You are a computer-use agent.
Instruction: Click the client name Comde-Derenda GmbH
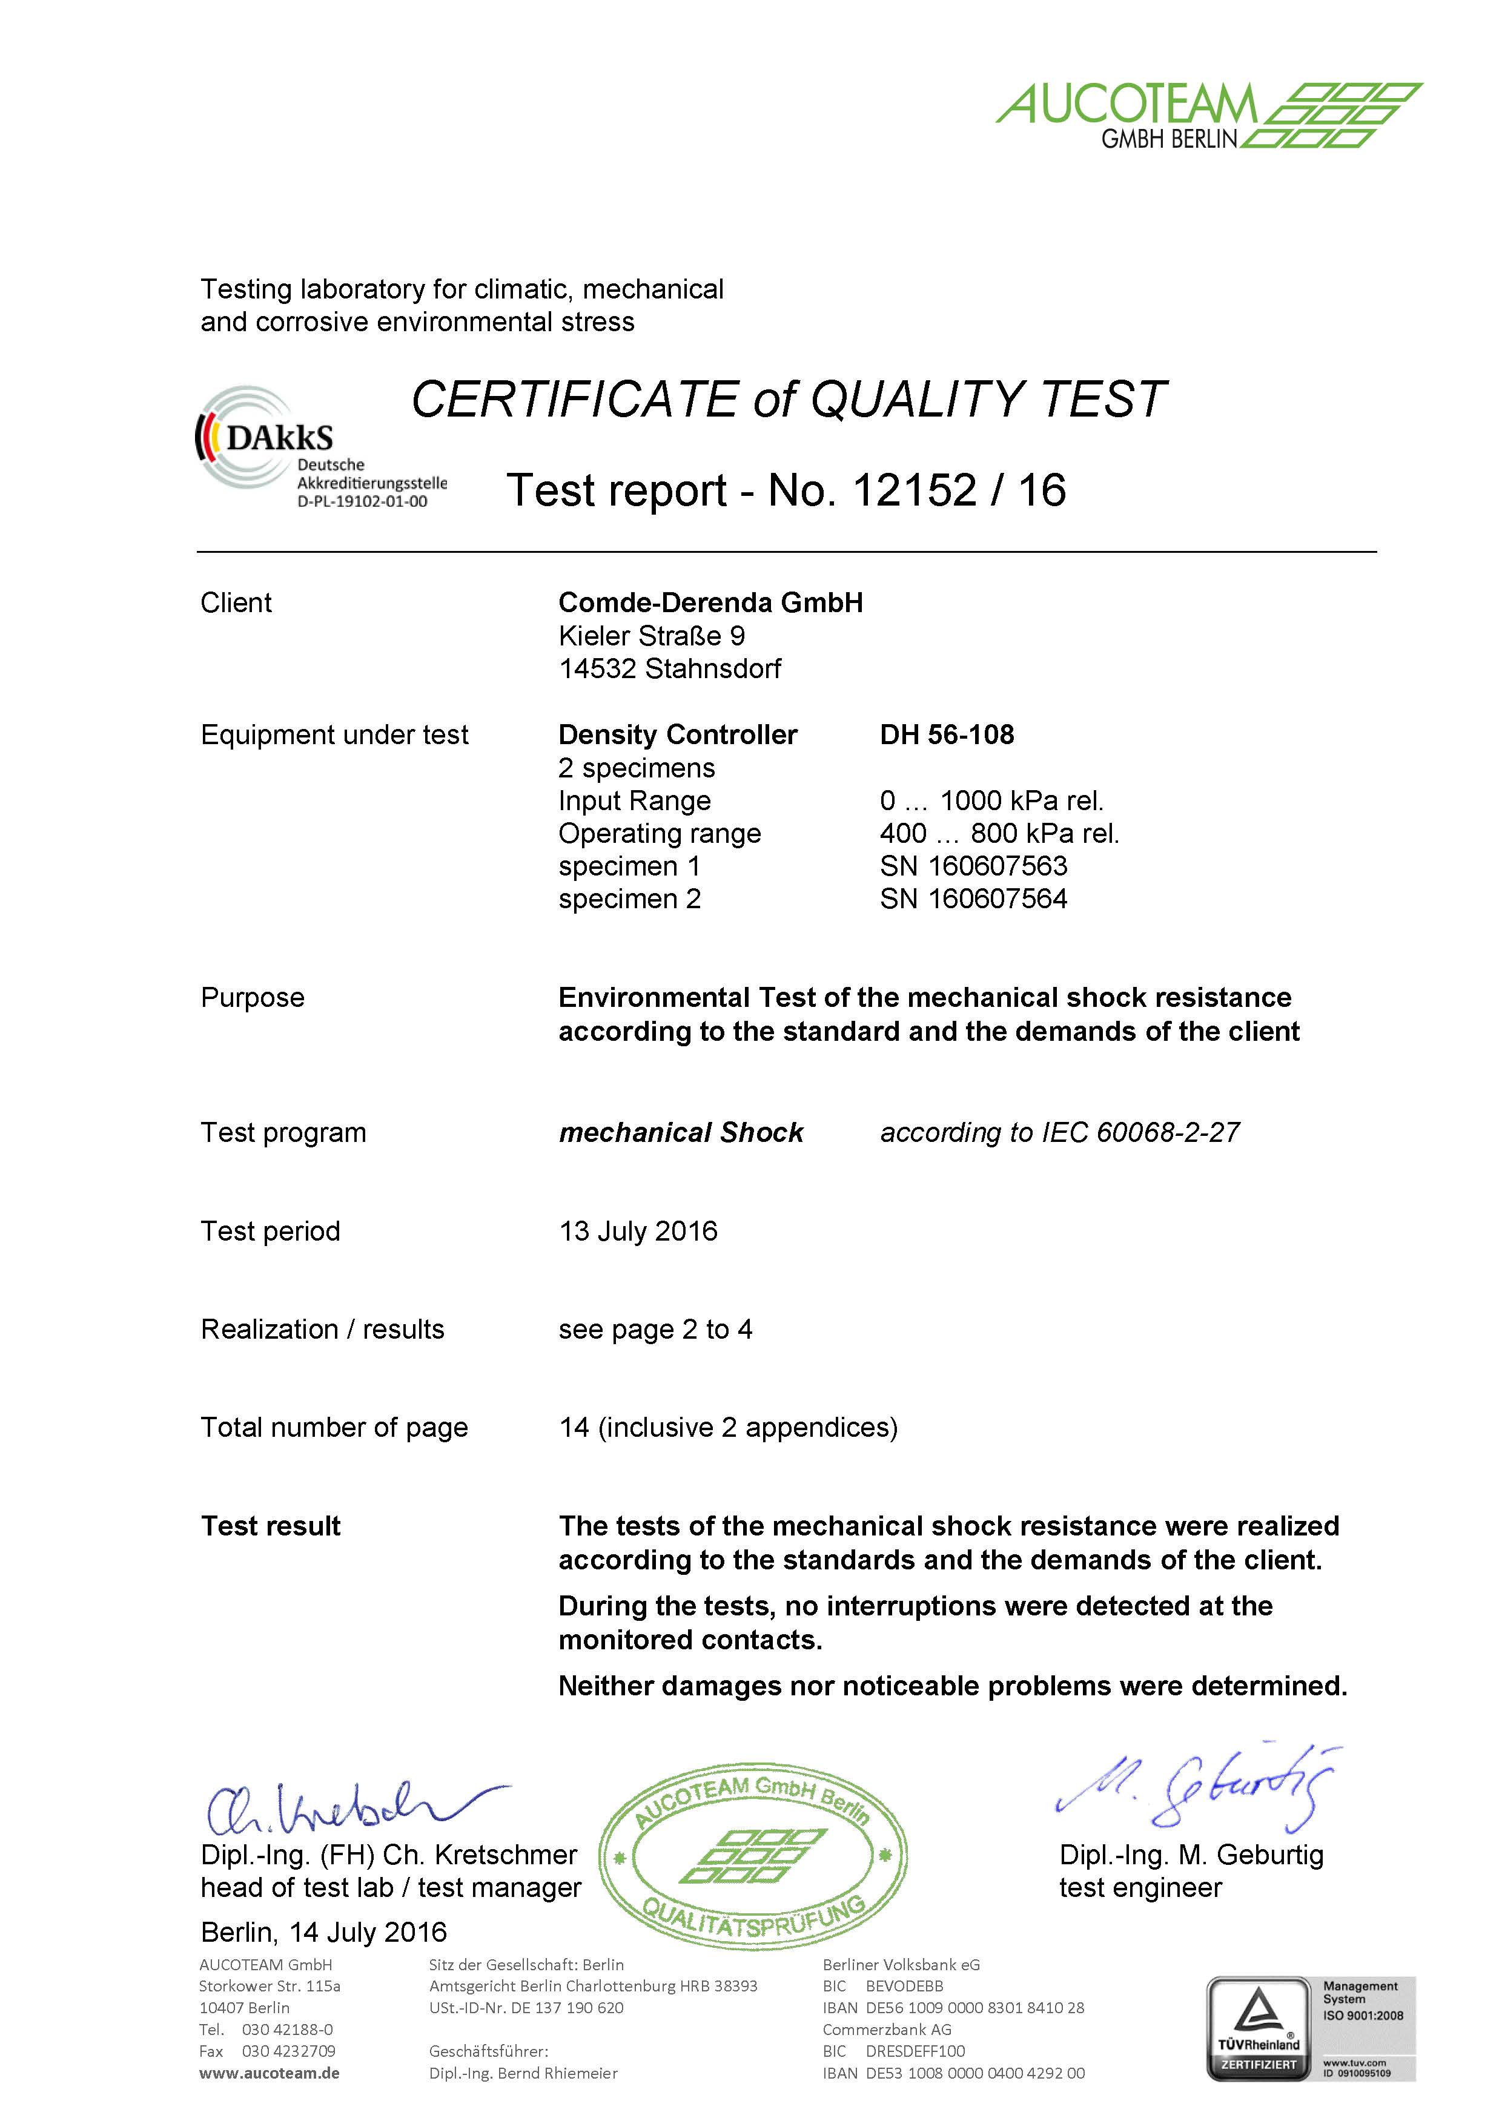pyautogui.click(x=710, y=602)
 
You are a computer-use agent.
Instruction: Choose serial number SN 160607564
pyautogui.click(x=973, y=899)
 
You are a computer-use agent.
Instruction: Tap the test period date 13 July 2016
pyautogui.click(x=638, y=1232)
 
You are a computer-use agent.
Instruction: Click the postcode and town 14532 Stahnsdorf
pyautogui.click(x=669, y=669)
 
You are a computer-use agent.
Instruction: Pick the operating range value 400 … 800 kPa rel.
pyautogui.click(x=999, y=834)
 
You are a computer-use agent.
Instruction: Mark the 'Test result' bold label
pyautogui.click(x=270, y=1526)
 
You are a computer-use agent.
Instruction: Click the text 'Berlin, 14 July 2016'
pyautogui.click(x=324, y=1933)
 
